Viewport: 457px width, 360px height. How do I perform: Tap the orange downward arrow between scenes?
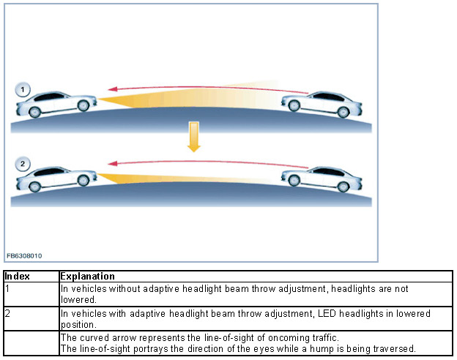(x=193, y=137)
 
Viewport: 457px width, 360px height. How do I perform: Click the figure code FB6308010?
(x=24, y=256)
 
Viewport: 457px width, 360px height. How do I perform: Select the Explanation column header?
(x=87, y=277)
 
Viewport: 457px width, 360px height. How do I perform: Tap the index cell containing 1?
(x=7, y=288)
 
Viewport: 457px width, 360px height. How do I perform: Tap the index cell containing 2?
(x=7, y=313)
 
